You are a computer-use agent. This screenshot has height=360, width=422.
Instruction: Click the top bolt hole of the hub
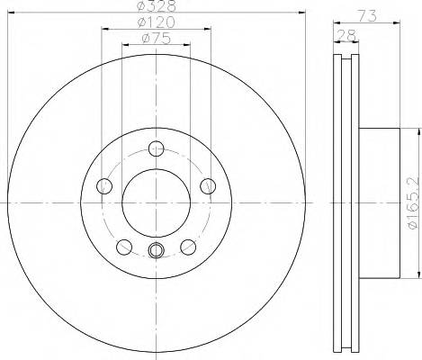(156, 149)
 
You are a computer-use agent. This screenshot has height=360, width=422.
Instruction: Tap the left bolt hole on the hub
(103, 186)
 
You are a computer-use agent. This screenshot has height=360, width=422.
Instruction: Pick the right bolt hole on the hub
(209, 186)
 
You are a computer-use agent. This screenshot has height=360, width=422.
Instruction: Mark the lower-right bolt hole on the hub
(188, 247)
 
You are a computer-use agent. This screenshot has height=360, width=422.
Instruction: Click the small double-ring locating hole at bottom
(156, 251)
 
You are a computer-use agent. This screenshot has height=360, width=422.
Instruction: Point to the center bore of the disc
(156, 202)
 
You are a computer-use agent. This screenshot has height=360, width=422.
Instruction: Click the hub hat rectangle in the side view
(379, 202)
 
